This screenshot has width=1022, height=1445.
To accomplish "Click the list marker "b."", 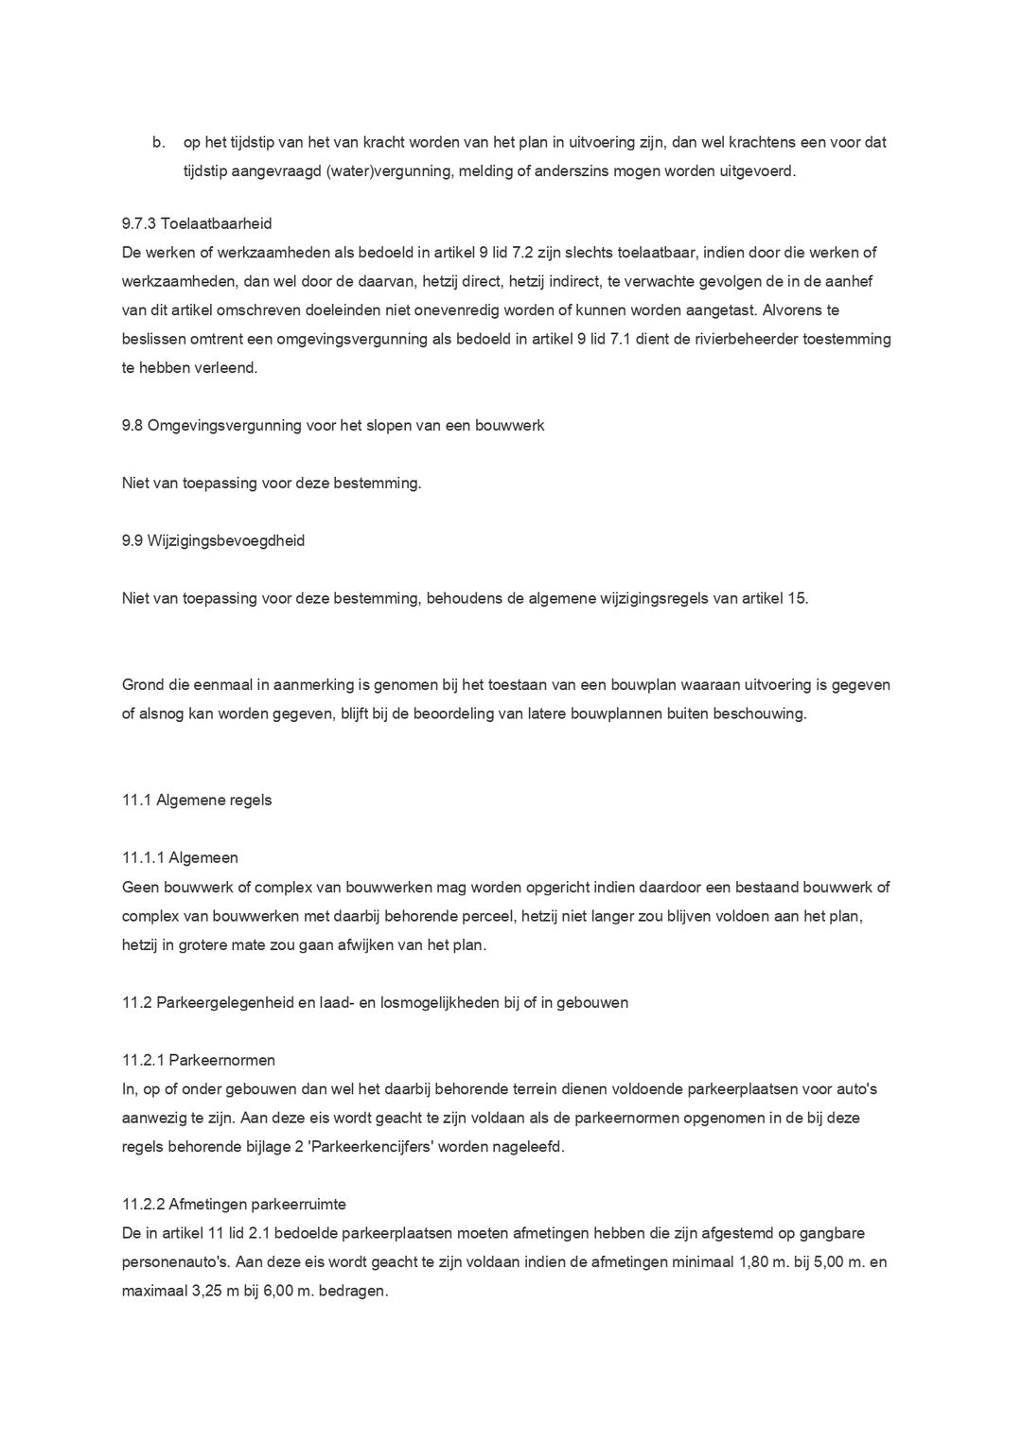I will click(159, 143).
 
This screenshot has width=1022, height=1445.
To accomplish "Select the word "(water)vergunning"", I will click(384, 171).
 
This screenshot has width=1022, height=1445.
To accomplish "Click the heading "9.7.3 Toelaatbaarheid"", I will click(197, 224).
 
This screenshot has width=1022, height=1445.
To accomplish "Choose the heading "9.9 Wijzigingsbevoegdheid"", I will click(213, 540).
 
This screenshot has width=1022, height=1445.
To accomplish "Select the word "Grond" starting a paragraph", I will click(143, 685).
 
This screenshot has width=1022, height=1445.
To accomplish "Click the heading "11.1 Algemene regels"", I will click(197, 800).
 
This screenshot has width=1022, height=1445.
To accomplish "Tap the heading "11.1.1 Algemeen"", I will click(180, 857).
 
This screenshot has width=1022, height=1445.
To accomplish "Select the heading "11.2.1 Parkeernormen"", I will click(199, 1060).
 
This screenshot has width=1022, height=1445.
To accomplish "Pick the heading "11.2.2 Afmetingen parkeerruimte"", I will click(234, 1205).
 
